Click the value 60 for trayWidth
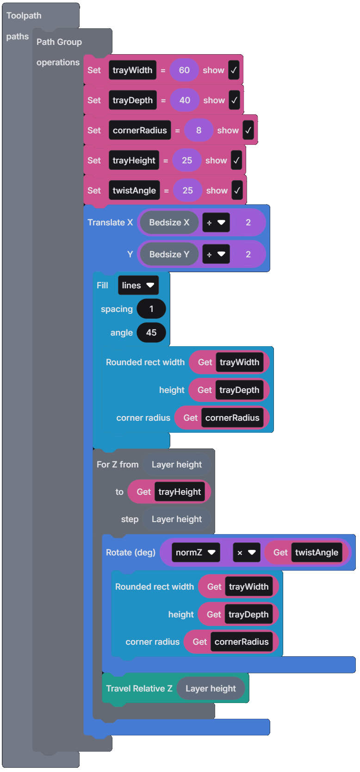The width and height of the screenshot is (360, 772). [184, 70]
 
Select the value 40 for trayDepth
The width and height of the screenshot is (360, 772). [185, 100]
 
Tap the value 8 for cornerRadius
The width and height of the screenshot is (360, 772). [199, 131]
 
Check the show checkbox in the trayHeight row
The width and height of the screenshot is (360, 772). [236, 161]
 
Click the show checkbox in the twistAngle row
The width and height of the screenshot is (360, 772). [237, 191]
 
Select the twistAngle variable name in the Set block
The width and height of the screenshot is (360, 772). [134, 191]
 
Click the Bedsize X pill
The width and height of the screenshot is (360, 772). [169, 223]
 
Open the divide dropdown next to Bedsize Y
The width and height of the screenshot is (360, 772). [216, 254]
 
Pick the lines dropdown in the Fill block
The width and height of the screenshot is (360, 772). [138, 286]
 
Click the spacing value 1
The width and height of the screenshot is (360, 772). [151, 309]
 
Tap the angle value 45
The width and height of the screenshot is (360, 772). [151, 333]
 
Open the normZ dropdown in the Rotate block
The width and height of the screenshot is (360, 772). [195, 553]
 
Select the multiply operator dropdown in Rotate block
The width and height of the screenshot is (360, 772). [246, 553]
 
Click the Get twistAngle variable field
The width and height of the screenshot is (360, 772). [317, 553]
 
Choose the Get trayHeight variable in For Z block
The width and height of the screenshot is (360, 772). [180, 492]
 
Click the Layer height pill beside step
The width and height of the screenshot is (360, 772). [176, 519]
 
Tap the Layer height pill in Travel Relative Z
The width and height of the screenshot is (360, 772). [211, 689]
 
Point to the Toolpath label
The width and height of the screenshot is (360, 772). [24, 16]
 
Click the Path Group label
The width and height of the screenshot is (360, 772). [59, 42]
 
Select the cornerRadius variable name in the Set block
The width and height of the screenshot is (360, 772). [140, 131]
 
